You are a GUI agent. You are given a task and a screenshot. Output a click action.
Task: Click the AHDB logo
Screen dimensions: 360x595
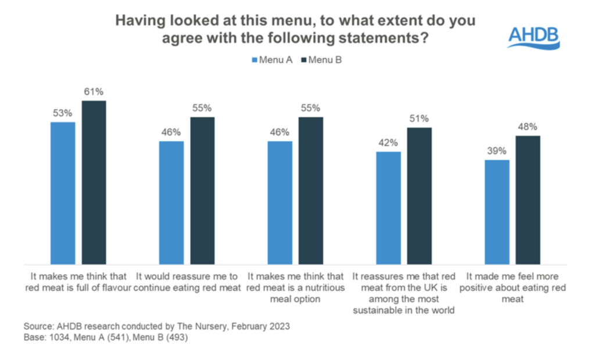tap(533, 37)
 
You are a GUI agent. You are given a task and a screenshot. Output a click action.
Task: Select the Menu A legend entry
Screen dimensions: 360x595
tap(271, 59)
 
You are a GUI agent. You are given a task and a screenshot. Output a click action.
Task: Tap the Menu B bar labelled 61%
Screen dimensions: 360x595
tap(94, 182)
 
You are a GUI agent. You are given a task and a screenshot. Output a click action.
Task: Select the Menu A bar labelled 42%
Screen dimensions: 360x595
tap(388, 208)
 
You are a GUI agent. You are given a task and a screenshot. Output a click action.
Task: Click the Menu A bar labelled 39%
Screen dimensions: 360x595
tap(497, 212)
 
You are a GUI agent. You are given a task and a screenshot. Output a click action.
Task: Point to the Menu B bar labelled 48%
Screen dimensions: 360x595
tap(528, 200)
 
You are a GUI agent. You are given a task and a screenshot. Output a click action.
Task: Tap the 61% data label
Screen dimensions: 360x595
tap(93, 91)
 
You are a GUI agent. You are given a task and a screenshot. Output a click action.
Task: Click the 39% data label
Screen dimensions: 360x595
tap(497, 150)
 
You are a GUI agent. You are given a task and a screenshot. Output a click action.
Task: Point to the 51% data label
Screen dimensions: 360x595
tap(419, 118)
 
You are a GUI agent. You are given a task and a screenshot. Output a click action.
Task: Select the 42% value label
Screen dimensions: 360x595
tap(388, 142)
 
